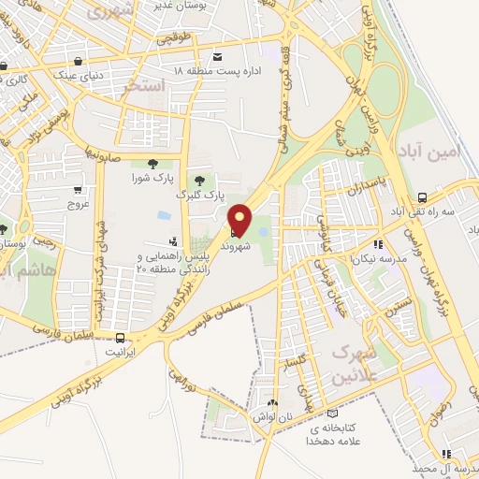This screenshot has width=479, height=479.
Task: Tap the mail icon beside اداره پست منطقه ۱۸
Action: click(218, 56)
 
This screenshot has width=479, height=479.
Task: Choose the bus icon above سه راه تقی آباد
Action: click(423, 197)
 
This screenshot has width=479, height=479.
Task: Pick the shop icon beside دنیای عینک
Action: click(6, 65)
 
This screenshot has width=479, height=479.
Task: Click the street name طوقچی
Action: click(173, 39)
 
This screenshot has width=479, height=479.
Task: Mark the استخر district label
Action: click(144, 87)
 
